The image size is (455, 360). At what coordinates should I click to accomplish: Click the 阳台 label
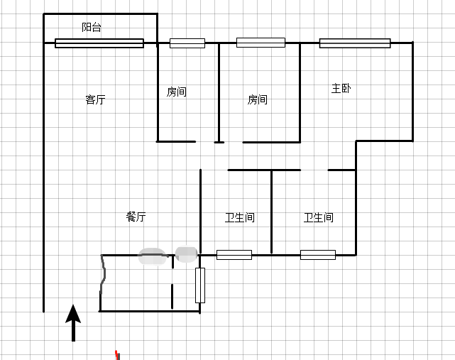(x=92, y=27)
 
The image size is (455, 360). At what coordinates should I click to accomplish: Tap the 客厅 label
(x=95, y=99)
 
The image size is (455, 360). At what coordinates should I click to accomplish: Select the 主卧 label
(x=341, y=88)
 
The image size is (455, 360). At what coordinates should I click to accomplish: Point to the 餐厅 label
(x=136, y=217)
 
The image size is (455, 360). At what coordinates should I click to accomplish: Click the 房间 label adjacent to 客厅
(x=177, y=92)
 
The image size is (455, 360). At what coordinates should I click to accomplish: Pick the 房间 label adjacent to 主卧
(x=258, y=99)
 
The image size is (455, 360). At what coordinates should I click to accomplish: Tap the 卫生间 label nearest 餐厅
(x=240, y=217)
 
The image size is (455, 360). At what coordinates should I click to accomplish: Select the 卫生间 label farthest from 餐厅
(x=318, y=217)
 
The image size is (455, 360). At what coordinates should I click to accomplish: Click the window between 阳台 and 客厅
(x=99, y=43)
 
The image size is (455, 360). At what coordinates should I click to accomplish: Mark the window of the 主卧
(x=355, y=43)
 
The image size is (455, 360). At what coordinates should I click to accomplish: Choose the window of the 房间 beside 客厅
(x=187, y=43)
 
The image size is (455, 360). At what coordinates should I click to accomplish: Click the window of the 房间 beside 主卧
(x=261, y=43)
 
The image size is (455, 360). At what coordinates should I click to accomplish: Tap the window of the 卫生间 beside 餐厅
(x=234, y=255)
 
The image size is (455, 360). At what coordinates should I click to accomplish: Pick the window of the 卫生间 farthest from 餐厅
(x=318, y=255)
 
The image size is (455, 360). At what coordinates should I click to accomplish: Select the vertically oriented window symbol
(x=200, y=285)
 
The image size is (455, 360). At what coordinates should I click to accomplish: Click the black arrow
(x=73, y=322)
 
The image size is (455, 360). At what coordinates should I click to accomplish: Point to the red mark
(x=117, y=355)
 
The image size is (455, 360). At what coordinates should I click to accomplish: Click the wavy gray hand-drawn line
(x=103, y=274)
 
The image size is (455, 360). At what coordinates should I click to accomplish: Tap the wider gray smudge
(x=152, y=256)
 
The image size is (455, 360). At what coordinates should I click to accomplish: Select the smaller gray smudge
(x=186, y=254)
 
